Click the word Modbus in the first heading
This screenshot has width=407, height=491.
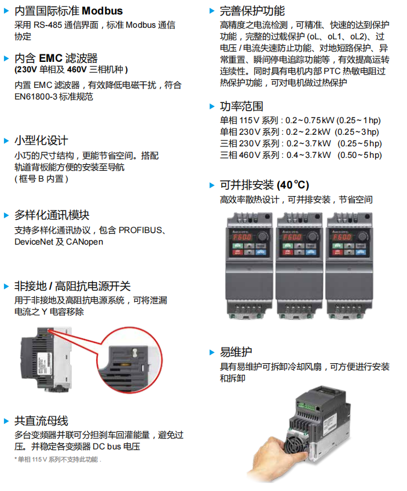[102, 11]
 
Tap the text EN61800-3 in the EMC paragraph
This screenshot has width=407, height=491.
[36, 97]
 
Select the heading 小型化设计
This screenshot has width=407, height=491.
[41, 141]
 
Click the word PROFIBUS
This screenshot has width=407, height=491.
[140, 230]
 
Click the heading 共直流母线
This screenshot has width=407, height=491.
[41, 421]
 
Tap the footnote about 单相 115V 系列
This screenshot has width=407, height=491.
[58, 459]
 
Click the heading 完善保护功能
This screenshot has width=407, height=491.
[252, 11]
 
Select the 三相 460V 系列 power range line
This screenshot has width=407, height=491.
[300, 155]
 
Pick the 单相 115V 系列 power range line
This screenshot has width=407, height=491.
[300, 120]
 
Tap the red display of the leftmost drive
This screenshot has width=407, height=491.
[242, 237]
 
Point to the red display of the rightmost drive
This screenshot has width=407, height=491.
[342, 237]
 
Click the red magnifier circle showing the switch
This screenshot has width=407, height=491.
[130, 360]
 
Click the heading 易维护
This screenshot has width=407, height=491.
[236, 352]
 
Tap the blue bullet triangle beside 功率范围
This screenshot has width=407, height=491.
[212, 106]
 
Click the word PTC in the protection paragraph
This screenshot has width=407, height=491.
[332, 71]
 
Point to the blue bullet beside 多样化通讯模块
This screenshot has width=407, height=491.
[6, 215]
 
